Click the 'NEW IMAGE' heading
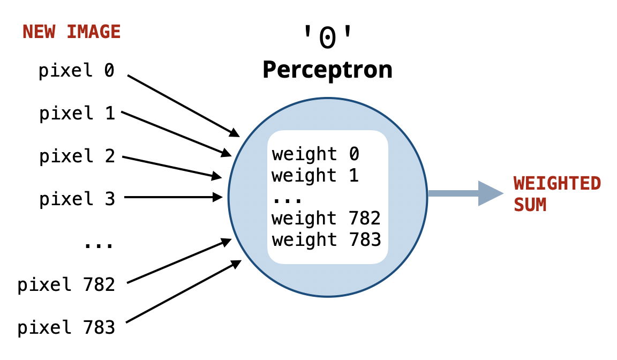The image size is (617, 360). point(71,32)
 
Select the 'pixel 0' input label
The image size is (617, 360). point(77,70)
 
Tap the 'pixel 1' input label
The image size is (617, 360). point(77,113)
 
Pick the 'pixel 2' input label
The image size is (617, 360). point(77,156)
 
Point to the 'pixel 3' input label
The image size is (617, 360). point(77,199)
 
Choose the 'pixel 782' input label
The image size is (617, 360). point(66,284)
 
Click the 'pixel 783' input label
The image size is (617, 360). point(66,327)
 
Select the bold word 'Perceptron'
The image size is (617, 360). point(327,70)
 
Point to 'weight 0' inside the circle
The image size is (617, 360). point(315,154)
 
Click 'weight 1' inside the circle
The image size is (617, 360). point(315,176)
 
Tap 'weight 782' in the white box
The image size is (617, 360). point(326,219)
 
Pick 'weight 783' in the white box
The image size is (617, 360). point(326,239)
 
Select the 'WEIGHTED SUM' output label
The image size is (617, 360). point(557,194)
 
